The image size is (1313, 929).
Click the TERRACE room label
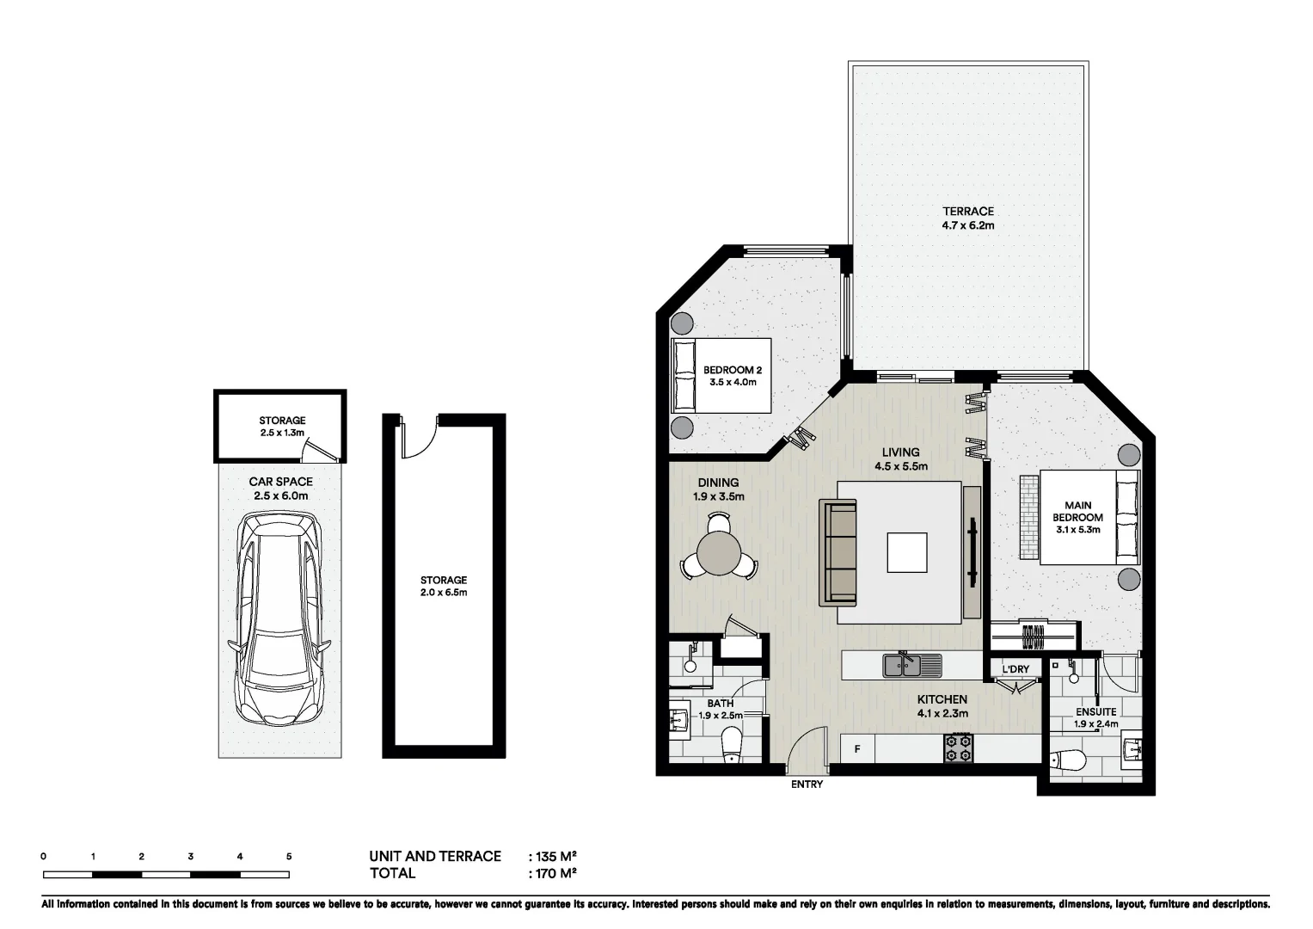(967, 212)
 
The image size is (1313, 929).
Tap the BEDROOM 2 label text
(732, 370)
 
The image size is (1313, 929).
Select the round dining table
(719, 553)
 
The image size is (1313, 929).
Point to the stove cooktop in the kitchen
(958, 748)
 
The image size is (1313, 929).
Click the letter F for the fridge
(857, 749)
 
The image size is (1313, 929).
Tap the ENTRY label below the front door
(807, 784)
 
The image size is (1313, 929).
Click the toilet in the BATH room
(733, 745)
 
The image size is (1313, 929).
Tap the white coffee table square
(907, 552)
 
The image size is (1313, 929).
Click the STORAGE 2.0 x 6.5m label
(444, 586)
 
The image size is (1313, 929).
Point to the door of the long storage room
(419, 440)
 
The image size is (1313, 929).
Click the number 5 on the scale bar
(289, 857)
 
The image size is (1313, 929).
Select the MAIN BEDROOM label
(1077, 512)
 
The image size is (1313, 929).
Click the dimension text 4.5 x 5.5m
(900, 467)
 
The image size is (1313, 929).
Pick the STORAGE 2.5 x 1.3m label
(282, 427)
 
